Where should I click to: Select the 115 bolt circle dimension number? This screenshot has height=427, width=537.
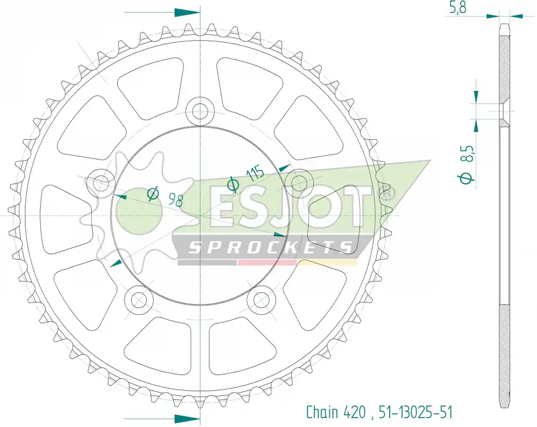(255, 173)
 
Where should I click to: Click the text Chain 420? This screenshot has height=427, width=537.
(336, 412)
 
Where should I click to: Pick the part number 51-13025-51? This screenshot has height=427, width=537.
(416, 412)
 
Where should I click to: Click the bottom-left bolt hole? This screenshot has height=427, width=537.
(139, 299)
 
